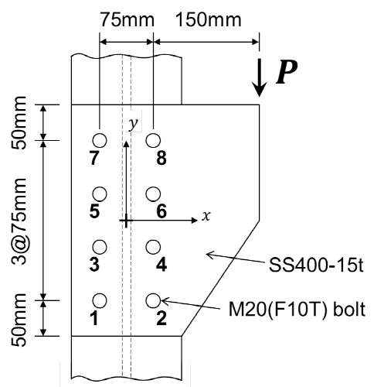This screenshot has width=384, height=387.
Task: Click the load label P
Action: (287, 72)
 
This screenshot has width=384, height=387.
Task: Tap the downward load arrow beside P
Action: (259, 77)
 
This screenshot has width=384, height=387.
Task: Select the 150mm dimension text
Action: (209, 20)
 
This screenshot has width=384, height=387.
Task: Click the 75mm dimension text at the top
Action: (127, 20)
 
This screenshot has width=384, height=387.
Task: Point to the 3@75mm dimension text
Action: (19, 221)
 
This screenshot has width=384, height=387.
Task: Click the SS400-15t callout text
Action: (316, 265)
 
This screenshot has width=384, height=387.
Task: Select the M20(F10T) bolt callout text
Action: (297, 310)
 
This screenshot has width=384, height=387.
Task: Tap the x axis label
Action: (206, 216)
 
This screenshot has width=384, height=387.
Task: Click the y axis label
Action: (134, 124)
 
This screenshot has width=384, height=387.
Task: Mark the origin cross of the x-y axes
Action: (126, 221)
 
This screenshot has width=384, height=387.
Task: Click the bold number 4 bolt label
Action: (161, 264)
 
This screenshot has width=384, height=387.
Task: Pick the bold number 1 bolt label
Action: (95, 318)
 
